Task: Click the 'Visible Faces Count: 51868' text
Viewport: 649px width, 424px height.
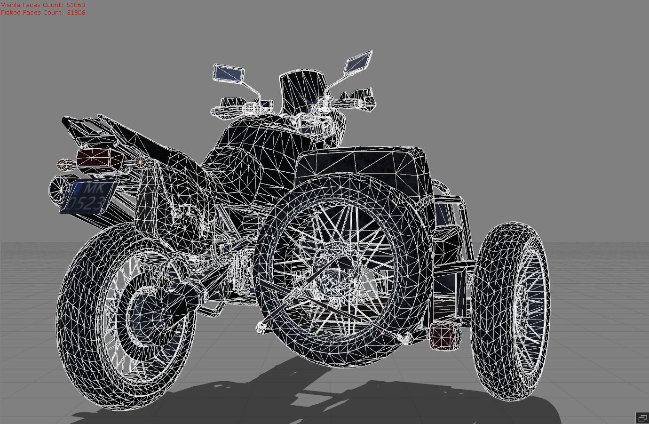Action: (43, 5)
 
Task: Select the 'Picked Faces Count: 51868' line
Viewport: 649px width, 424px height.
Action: (43, 12)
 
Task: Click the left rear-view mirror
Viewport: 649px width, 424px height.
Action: (229, 73)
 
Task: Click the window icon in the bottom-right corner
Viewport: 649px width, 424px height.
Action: (642, 417)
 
